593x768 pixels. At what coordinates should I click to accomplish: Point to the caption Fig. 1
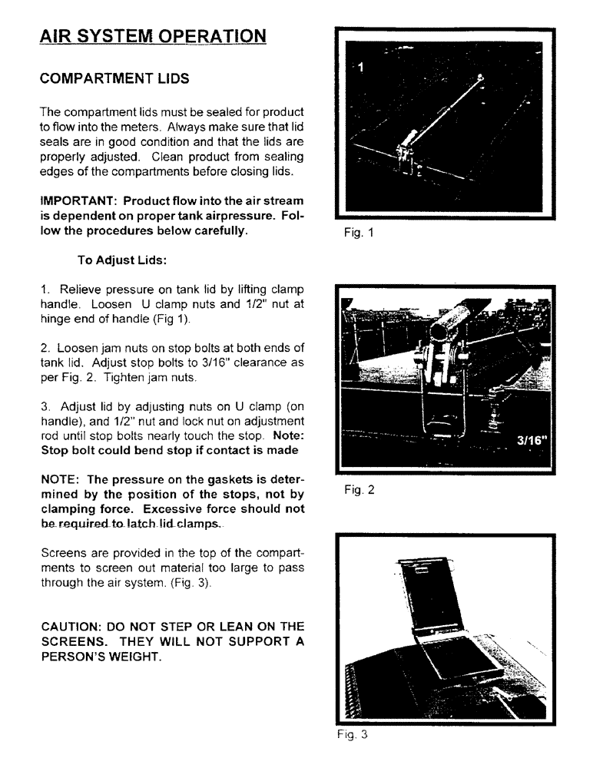click(356, 235)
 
